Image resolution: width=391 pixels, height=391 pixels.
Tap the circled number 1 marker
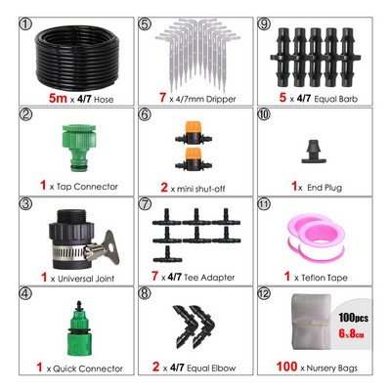(x=26, y=24)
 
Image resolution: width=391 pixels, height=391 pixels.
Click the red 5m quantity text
(x=58, y=98)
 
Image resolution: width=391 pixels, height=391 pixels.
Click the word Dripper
(x=220, y=99)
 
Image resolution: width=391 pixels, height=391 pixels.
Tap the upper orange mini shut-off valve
(x=194, y=133)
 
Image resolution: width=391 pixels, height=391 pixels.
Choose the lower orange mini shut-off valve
(x=194, y=159)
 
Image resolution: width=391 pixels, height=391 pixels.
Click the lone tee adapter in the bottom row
(x=167, y=255)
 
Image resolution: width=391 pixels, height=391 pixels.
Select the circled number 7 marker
(x=145, y=204)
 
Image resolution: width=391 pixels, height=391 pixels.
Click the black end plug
(x=315, y=152)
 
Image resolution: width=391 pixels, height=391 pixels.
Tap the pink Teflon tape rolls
(x=315, y=237)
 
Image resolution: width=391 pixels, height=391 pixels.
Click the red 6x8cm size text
(x=351, y=333)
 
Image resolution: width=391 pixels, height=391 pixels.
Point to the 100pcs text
(x=353, y=318)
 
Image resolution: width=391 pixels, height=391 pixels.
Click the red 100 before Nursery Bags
(x=286, y=367)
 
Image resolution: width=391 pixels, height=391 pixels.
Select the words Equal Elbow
(x=211, y=369)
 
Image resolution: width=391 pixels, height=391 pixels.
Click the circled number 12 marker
(x=264, y=294)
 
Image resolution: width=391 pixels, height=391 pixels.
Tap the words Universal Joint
(x=86, y=279)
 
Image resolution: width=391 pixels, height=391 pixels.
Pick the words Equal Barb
(x=335, y=99)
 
